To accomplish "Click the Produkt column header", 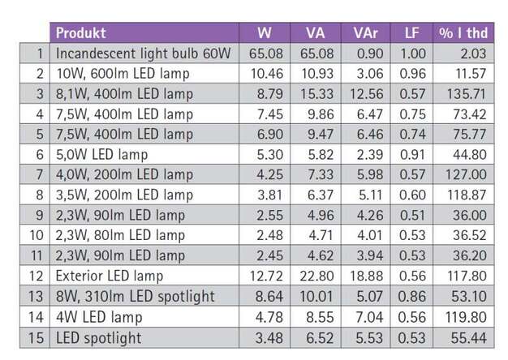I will click(x=80, y=33).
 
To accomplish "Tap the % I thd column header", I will click(x=463, y=33).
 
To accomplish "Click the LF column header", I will click(x=413, y=33).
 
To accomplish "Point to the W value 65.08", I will click(x=264, y=54).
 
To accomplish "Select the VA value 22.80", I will click(x=316, y=276).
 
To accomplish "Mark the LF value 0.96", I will click(x=413, y=75).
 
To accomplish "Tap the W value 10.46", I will click(x=264, y=75).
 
